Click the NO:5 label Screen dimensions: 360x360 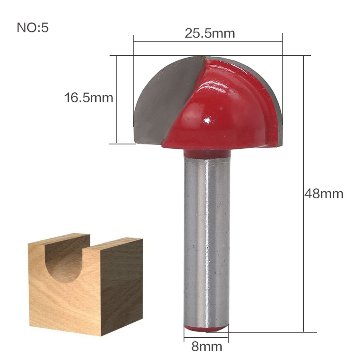(32, 28)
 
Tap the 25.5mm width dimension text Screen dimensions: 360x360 (210, 33)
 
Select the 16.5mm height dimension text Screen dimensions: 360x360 (89, 97)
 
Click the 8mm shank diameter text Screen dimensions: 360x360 (206, 346)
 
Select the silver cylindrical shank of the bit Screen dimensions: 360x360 (207, 240)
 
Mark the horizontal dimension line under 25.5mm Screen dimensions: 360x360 (208, 40)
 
